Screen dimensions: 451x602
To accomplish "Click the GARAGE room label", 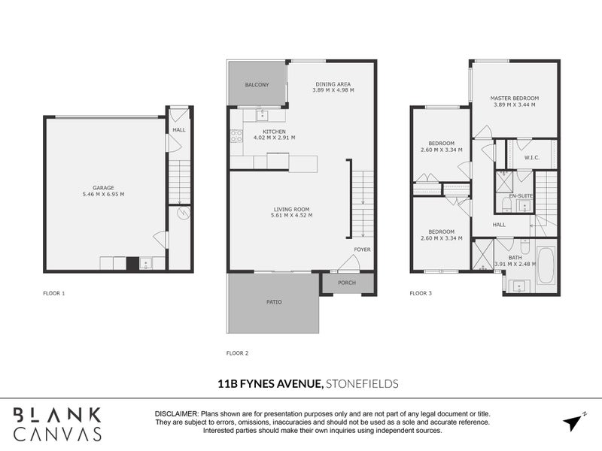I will (x=103, y=187).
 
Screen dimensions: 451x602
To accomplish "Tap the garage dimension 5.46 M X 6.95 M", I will (x=103, y=195).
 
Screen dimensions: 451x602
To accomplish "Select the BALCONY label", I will (x=257, y=85).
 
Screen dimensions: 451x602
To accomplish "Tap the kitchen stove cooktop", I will (x=236, y=136).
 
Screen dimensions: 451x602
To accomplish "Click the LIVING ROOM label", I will (x=291, y=209).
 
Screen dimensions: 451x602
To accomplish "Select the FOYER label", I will (x=363, y=249).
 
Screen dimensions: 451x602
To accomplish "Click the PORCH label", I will (x=346, y=283).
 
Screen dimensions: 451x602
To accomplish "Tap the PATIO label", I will (x=274, y=302).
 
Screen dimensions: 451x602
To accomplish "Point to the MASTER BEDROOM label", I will (x=515, y=98).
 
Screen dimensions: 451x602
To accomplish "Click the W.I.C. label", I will (x=532, y=158).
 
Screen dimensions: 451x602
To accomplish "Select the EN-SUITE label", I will (x=521, y=196).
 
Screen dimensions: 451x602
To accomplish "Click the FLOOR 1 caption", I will (x=54, y=292).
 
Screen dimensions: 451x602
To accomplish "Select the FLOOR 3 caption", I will (x=421, y=292).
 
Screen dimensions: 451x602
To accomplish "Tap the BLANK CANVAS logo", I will (x=58, y=424).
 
